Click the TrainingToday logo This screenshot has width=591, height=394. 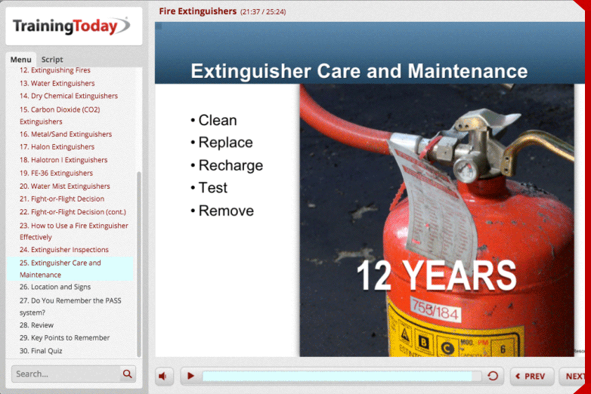pyautogui.click(x=72, y=26)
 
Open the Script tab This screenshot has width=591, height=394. pyautogui.click(x=52, y=60)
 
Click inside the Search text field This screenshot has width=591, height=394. pyautogui.click(x=64, y=374)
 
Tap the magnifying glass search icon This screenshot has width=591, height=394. pyautogui.click(x=128, y=374)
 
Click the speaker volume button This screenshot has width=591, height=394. pyautogui.click(x=164, y=376)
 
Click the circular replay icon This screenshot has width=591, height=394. pyautogui.click(x=493, y=376)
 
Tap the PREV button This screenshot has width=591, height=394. pyautogui.click(x=531, y=376)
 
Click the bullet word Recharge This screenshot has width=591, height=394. pyautogui.click(x=231, y=165)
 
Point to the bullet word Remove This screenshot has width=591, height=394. pyautogui.click(x=226, y=211)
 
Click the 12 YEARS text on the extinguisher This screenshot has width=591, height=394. pyautogui.click(x=436, y=275)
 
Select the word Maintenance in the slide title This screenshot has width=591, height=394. pyautogui.click(x=468, y=72)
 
